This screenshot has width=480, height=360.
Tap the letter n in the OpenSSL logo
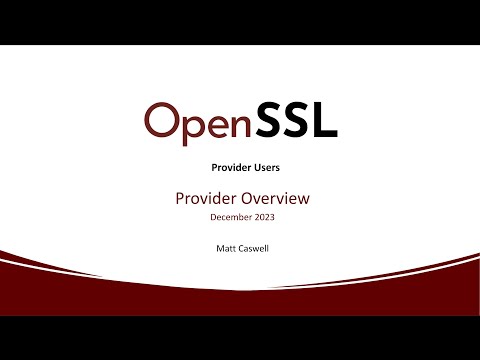tap(240, 124)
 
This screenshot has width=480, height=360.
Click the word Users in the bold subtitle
tap(263, 170)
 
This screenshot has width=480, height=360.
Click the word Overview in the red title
tap(273, 198)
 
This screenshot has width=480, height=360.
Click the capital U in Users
tap(251, 170)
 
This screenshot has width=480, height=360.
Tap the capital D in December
tap(213, 217)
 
